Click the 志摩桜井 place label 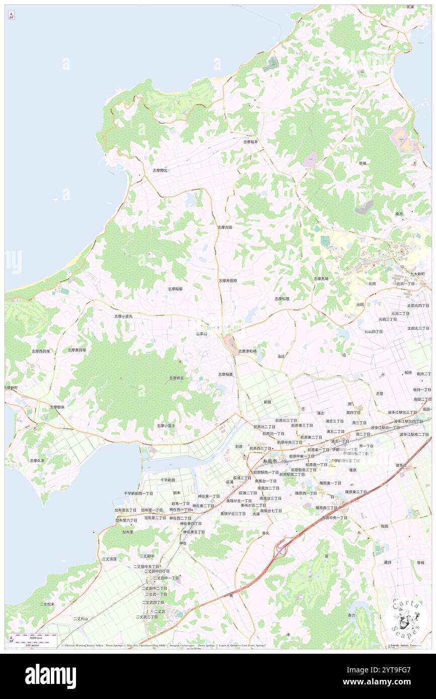[x=250, y=142]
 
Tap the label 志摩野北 [x=160, y=170]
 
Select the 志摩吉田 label [x=225, y=227]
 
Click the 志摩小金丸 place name [x=123, y=316]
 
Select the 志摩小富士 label [x=166, y=425]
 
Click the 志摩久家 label [x=37, y=460]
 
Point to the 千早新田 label [x=168, y=480]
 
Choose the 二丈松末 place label [x=47, y=604]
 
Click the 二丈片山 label [x=81, y=619]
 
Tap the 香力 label [x=351, y=615]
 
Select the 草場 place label [x=362, y=163]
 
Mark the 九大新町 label [x=417, y=274]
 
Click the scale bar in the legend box [x=33, y=641]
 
